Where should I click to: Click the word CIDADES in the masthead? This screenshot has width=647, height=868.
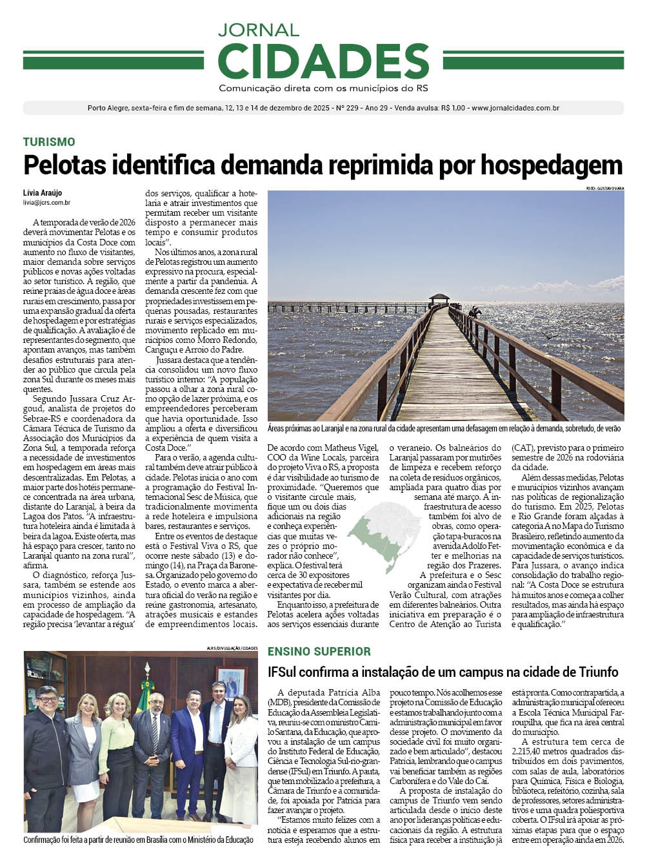point(323,61)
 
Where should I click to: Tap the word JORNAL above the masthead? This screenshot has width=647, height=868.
point(259,30)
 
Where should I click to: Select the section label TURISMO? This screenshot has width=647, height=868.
point(49,142)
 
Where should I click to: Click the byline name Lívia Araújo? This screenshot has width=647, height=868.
point(43,193)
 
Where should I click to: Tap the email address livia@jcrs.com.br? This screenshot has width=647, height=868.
point(46,203)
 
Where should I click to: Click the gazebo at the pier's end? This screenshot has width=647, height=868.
point(439,299)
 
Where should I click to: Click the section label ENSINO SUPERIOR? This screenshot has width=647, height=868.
point(319,652)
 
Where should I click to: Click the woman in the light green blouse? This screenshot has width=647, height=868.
point(117,749)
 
